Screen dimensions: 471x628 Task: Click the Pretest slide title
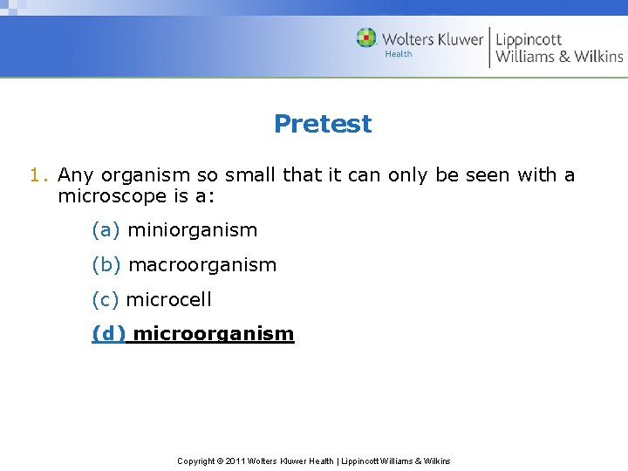322,124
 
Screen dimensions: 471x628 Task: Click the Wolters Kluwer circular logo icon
366,38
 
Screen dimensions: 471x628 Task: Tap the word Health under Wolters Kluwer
399,54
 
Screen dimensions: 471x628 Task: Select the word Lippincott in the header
529,39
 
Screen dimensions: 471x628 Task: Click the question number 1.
35,175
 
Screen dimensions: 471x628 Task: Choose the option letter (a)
106,230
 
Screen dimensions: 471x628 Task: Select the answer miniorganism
192,230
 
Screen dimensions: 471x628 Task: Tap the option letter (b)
106,265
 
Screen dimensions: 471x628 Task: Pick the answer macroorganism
202,265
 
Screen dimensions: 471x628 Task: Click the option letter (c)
105,300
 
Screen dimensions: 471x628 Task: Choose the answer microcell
168,300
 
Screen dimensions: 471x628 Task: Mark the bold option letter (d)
108,334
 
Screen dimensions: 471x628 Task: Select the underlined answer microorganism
214,334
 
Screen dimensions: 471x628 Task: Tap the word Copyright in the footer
196,461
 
